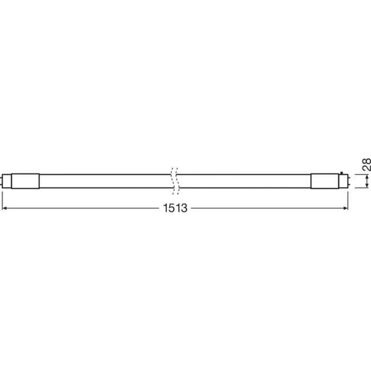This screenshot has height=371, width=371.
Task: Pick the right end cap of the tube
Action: pyautogui.click(x=325, y=180)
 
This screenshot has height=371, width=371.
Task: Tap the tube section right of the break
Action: pyautogui.click(x=244, y=180)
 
